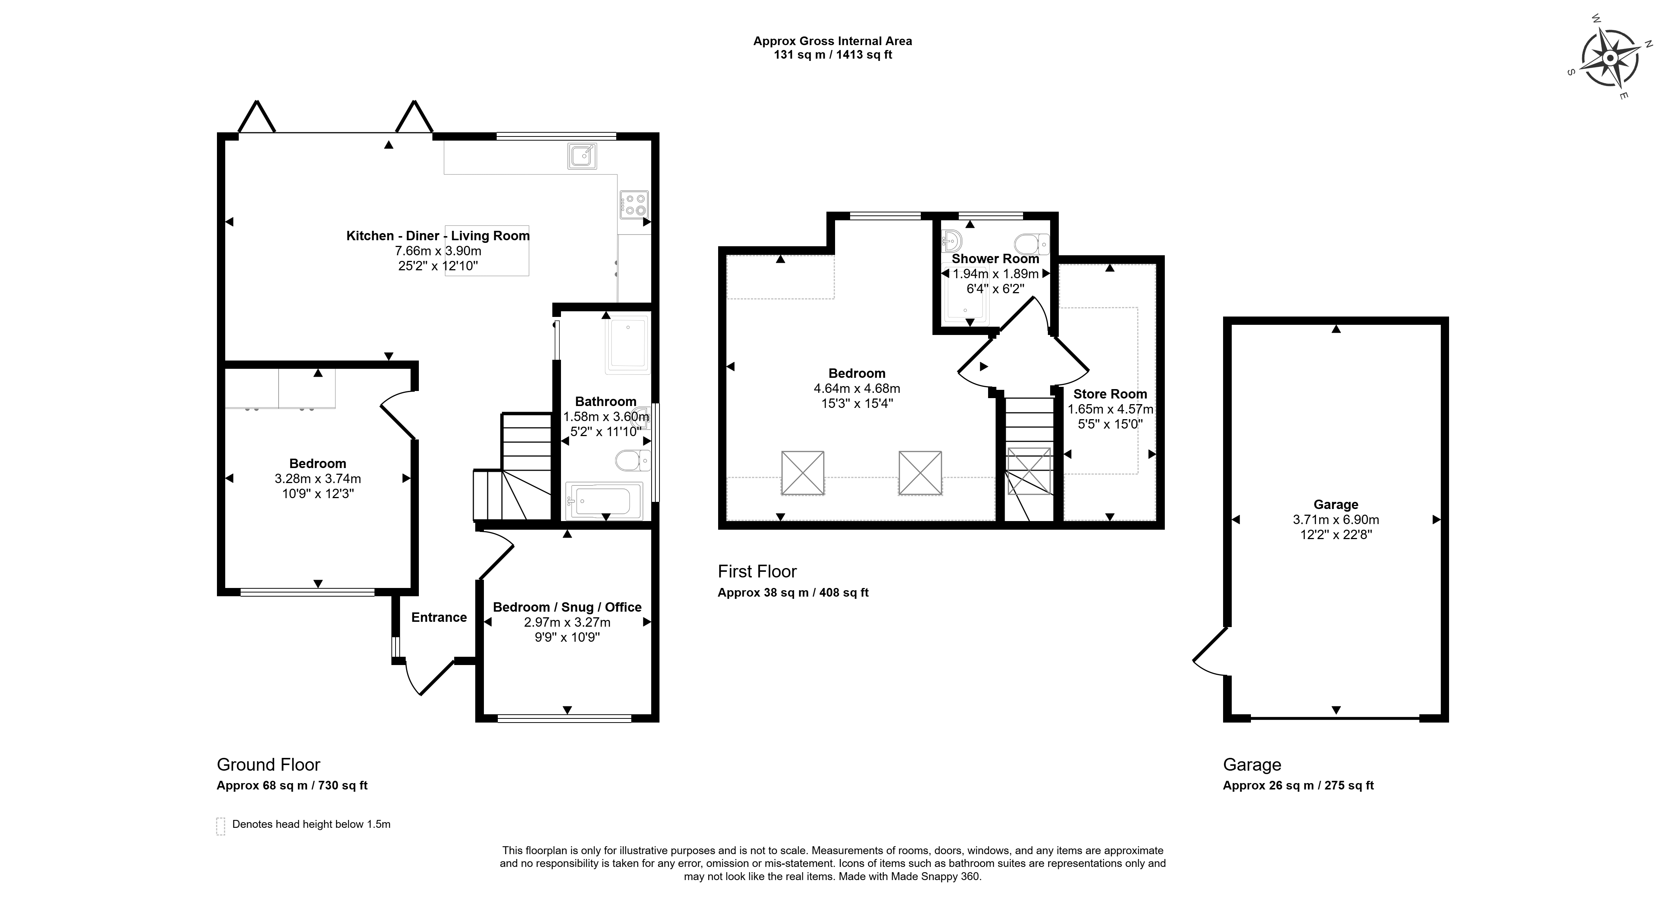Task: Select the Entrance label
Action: click(x=439, y=617)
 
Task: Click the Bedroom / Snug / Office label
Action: click(x=567, y=607)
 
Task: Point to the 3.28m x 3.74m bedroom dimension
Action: click(x=318, y=479)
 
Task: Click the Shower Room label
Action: click(x=995, y=259)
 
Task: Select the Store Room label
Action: click(x=1110, y=394)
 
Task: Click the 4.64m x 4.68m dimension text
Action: click(x=857, y=389)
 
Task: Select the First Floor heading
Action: click(x=757, y=571)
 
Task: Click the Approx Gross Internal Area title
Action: click(x=832, y=41)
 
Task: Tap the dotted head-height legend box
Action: click(x=221, y=826)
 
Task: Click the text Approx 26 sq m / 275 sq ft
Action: click(x=1298, y=786)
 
